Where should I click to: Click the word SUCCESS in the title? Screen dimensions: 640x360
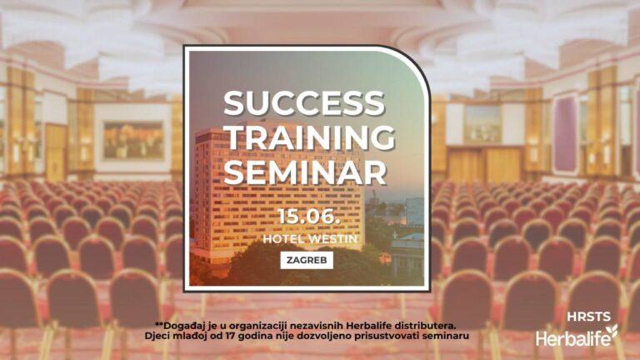(x=304, y=102)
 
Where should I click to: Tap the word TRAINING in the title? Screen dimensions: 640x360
(x=310, y=137)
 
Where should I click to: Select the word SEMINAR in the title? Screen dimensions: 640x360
(x=305, y=172)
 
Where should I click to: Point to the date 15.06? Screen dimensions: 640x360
(x=309, y=216)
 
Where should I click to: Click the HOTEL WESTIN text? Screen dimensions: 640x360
(x=310, y=239)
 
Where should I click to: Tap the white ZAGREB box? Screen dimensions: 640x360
(x=307, y=260)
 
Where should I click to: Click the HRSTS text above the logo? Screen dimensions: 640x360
(x=588, y=317)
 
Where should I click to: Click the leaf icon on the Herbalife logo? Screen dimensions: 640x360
(x=612, y=331)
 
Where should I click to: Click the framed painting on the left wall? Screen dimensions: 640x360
(x=133, y=140)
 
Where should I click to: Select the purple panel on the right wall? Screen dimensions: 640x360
(x=564, y=134)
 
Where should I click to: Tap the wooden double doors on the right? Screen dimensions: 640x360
(x=486, y=164)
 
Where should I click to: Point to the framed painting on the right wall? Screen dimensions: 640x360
(x=482, y=124)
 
